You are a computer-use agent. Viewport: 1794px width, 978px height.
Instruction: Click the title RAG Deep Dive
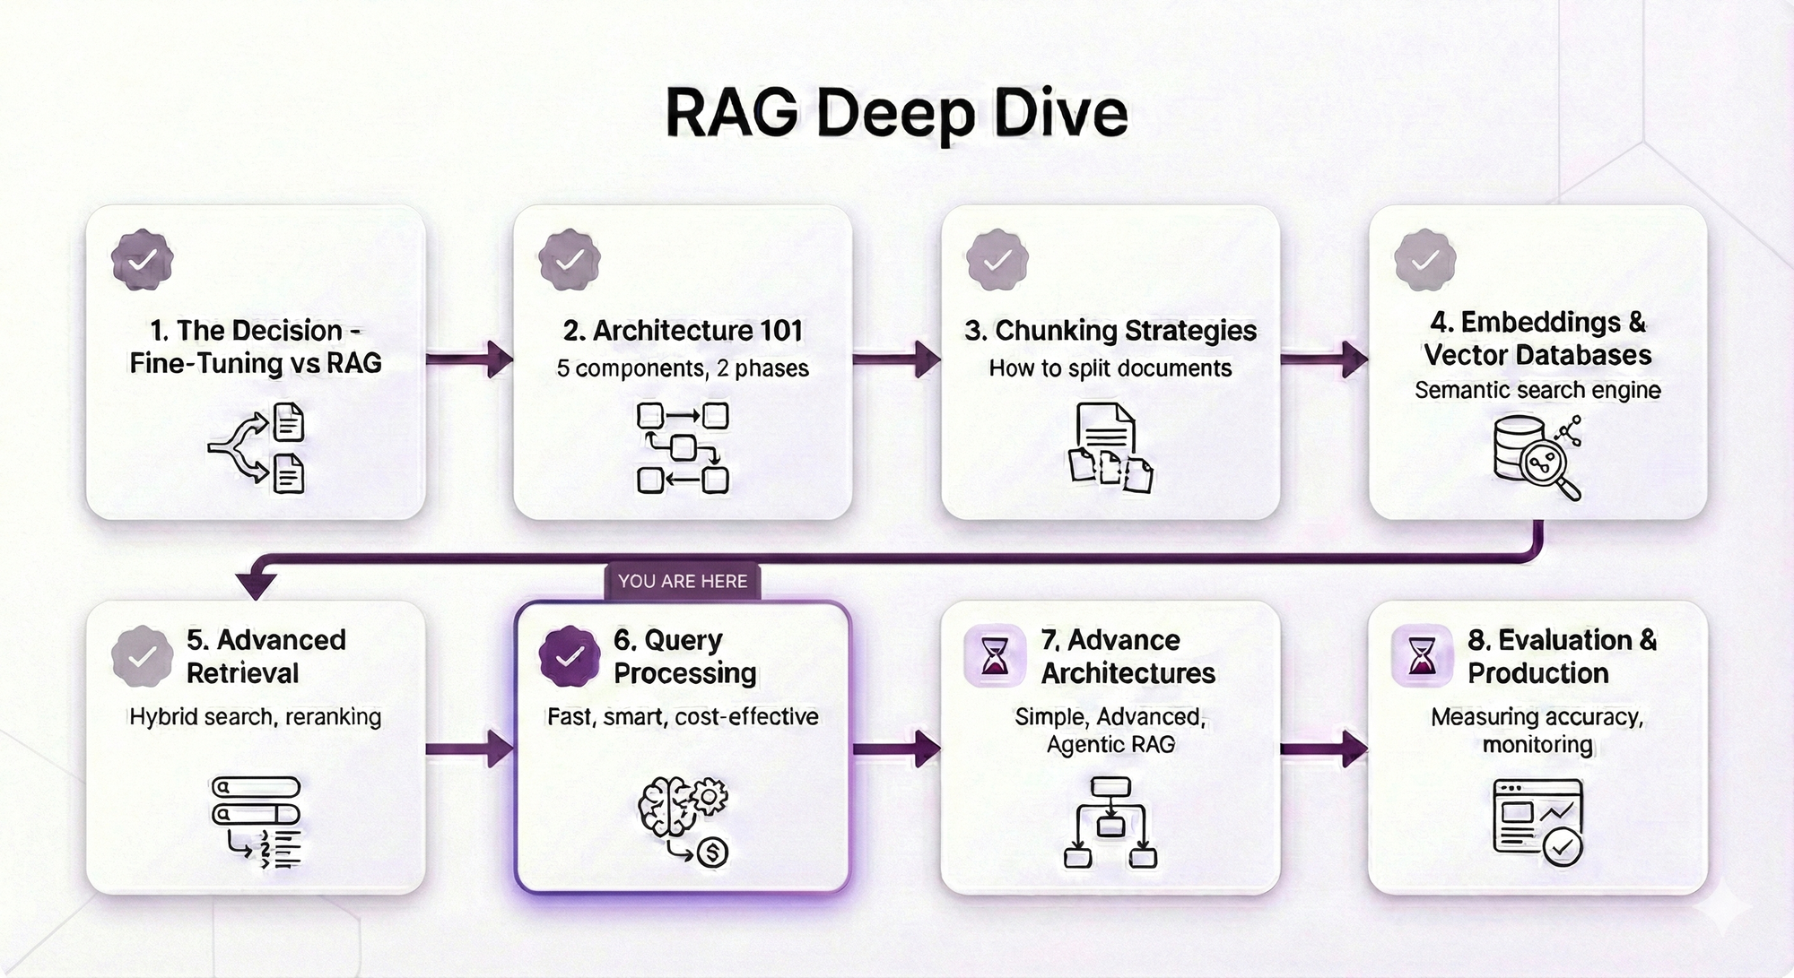[x=896, y=114]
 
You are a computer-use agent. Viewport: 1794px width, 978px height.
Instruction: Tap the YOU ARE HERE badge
[x=683, y=581]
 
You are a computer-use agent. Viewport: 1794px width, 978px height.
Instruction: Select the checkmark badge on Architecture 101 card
[x=570, y=260]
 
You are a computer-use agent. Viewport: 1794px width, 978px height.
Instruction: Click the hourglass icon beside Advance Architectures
[x=995, y=656]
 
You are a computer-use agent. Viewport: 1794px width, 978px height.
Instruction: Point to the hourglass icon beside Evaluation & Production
[x=1422, y=656]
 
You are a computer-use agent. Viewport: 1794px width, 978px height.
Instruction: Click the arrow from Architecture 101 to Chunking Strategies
[x=896, y=360]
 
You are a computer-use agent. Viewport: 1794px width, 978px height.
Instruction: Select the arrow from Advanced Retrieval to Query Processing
[x=469, y=749]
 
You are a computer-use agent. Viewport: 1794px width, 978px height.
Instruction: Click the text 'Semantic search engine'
[x=1537, y=391]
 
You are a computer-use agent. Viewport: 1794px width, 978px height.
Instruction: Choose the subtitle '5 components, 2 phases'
[x=683, y=368]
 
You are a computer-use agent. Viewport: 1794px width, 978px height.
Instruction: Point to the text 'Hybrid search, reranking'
[x=256, y=717]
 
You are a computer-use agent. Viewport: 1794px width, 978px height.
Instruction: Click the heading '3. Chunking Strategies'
[x=1110, y=331]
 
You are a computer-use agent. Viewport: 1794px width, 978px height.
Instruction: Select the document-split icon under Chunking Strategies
[x=1110, y=447]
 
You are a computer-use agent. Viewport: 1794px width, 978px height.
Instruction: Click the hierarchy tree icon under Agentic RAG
[x=1110, y=822]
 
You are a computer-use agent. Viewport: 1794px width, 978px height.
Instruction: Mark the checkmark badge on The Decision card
[x=142, y=260]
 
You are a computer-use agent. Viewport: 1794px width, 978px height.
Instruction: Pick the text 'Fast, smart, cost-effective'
[x=683, y=717]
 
